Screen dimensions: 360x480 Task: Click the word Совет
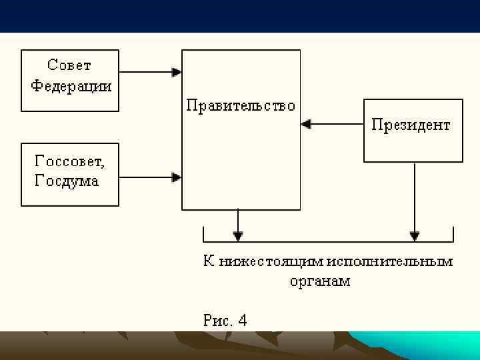tap(69, 65)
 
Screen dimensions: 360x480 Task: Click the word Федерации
tap(71, 87)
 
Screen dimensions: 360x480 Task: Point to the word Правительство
tap(240, 106)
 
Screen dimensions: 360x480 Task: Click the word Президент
tap(411, 125)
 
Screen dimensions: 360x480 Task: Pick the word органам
tap(319, 281)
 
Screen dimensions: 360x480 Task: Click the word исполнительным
tap(395, 261)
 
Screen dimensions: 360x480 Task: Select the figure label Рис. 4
tap(225, 320)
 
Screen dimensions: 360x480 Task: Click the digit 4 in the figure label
tap(242, 320)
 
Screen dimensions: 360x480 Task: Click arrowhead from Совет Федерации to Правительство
tap(177, 71)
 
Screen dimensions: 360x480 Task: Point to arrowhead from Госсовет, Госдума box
tap(177, 177)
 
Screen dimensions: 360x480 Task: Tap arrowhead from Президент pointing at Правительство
tap(306, 123)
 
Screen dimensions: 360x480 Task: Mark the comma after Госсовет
tap(103, 165)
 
